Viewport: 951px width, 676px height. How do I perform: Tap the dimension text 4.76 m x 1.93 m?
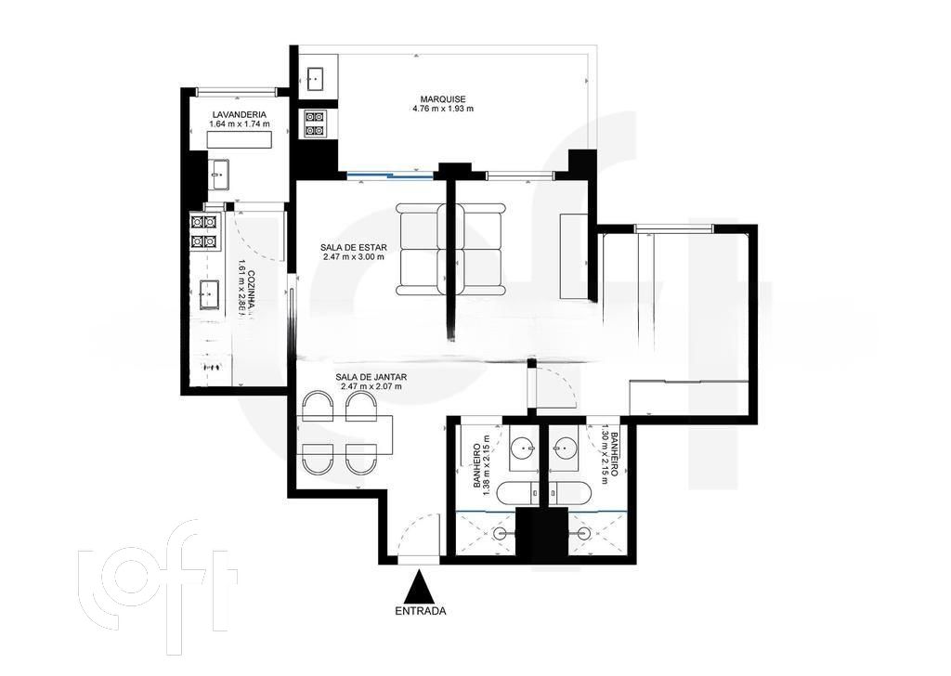coord(443,110)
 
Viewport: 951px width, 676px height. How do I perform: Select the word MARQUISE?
coord(443,99)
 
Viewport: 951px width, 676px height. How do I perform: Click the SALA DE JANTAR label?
coord(371,376)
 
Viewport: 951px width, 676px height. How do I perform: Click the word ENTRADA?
coord(421,611)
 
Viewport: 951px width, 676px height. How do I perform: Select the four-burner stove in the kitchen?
coord(203,231)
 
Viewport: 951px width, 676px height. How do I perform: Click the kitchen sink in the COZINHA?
coord(207,294)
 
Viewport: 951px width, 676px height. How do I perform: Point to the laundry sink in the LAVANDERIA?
coord(219,169)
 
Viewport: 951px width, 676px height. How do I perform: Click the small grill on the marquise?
coord(314,123)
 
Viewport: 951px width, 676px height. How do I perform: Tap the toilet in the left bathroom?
coord(513,492)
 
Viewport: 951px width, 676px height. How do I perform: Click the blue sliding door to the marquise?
coord(388,175)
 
